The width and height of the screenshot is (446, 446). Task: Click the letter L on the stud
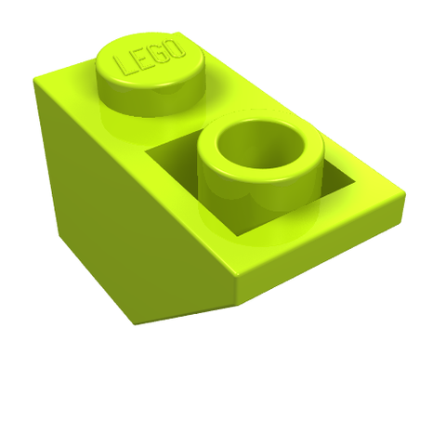pos(124,66)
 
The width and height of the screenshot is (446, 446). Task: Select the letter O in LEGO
pos(175,48)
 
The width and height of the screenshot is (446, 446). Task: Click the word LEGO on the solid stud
pos(150,58)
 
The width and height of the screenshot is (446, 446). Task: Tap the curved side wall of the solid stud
pos(151,100)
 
